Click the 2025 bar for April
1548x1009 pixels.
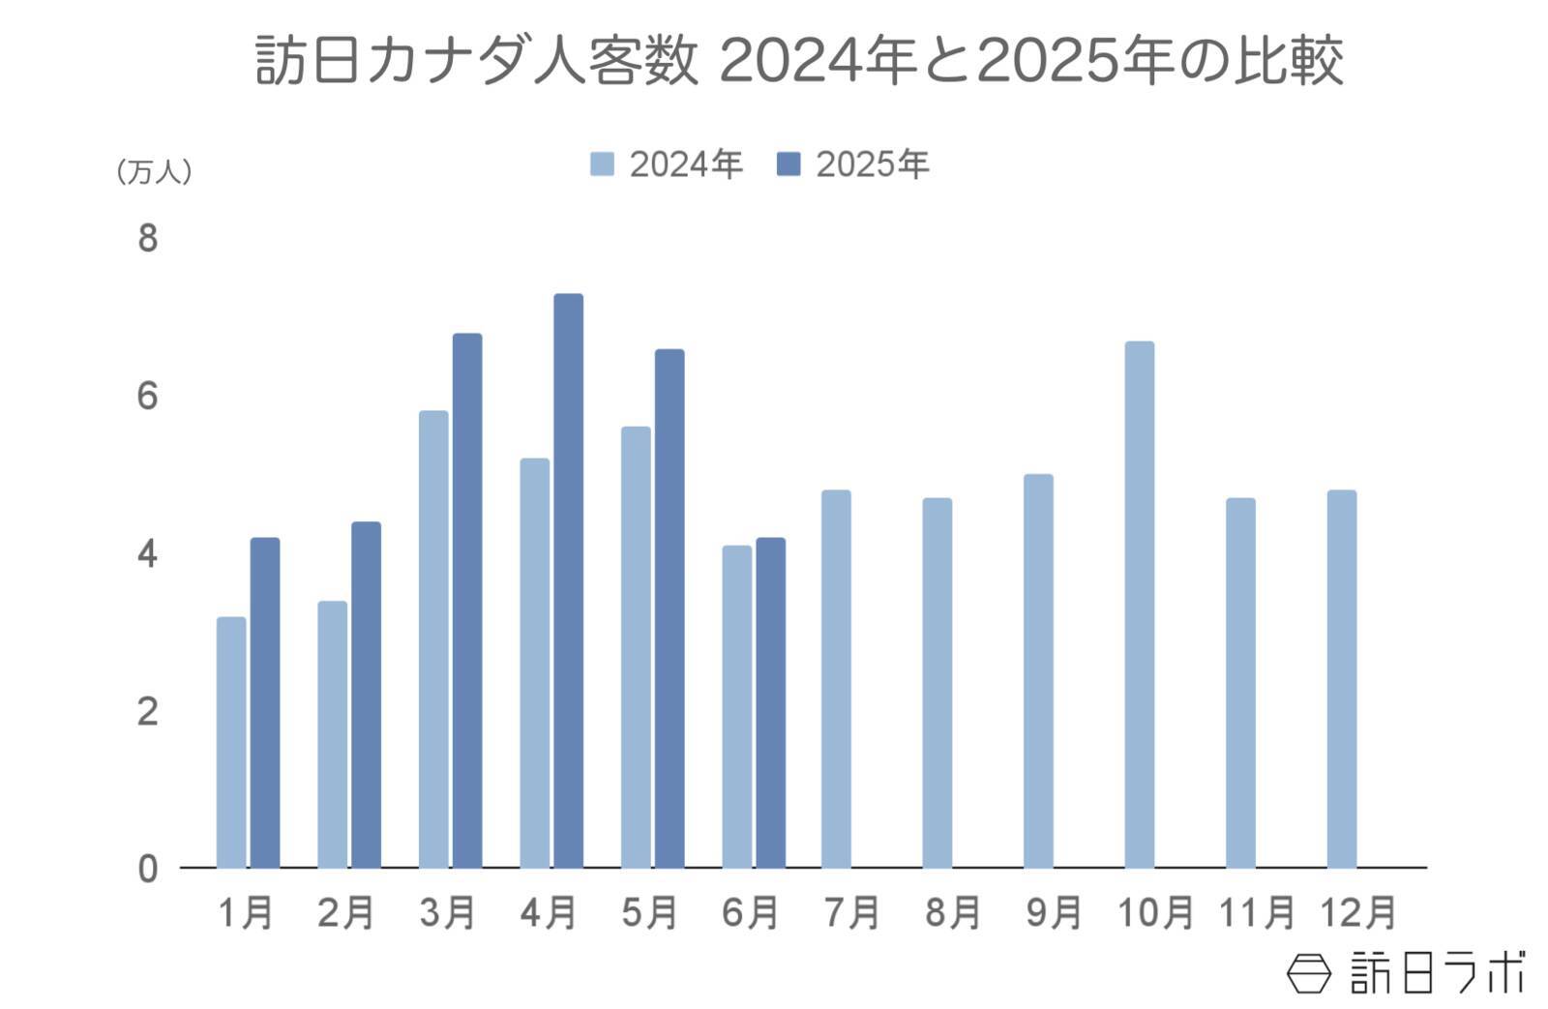[x=568, y=580]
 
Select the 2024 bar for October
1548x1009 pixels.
[x=1139, y=605]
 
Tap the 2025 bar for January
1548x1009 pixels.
[x=265, y=702]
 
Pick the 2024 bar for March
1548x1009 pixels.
[x=433, y=639]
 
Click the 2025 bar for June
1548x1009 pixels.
[x=770, y=702]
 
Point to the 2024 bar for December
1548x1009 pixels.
[x=1341, y=679]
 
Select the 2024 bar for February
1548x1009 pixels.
[x=332, y=734]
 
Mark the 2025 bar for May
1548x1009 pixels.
[x=670, y=608]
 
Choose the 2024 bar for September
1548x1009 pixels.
[x=1038, y=671]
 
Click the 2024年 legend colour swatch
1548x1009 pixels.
[x=602, y=163]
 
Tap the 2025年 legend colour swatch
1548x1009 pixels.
[x=789, y=163]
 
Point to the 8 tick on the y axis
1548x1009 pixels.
[x=147, y=238]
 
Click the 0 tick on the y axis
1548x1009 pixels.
[x=147, y=869]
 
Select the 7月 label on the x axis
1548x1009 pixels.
[x=851, y=912]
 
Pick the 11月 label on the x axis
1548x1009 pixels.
[x=1256, y=912]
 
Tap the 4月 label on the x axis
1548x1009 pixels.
[x=548, y=912]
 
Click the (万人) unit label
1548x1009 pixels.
[x=154, y=172]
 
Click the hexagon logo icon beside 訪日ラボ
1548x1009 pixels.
[x=1308, y=972]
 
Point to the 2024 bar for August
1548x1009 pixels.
[x=937, y=683]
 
